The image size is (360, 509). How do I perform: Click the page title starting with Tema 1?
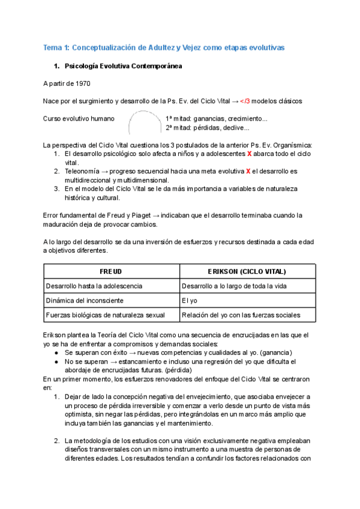coord(164,47)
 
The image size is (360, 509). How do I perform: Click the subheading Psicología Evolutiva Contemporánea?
coord(123,65)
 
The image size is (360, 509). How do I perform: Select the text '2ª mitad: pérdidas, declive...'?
coord(207,128)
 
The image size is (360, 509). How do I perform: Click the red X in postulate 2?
coord(247,171)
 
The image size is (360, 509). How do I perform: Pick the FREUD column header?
coord(110,271)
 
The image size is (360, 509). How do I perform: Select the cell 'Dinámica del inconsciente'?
coord(85,300)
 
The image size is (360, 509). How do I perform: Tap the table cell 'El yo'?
coord(190,300)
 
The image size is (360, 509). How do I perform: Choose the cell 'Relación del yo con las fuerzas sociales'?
coord(241,315)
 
